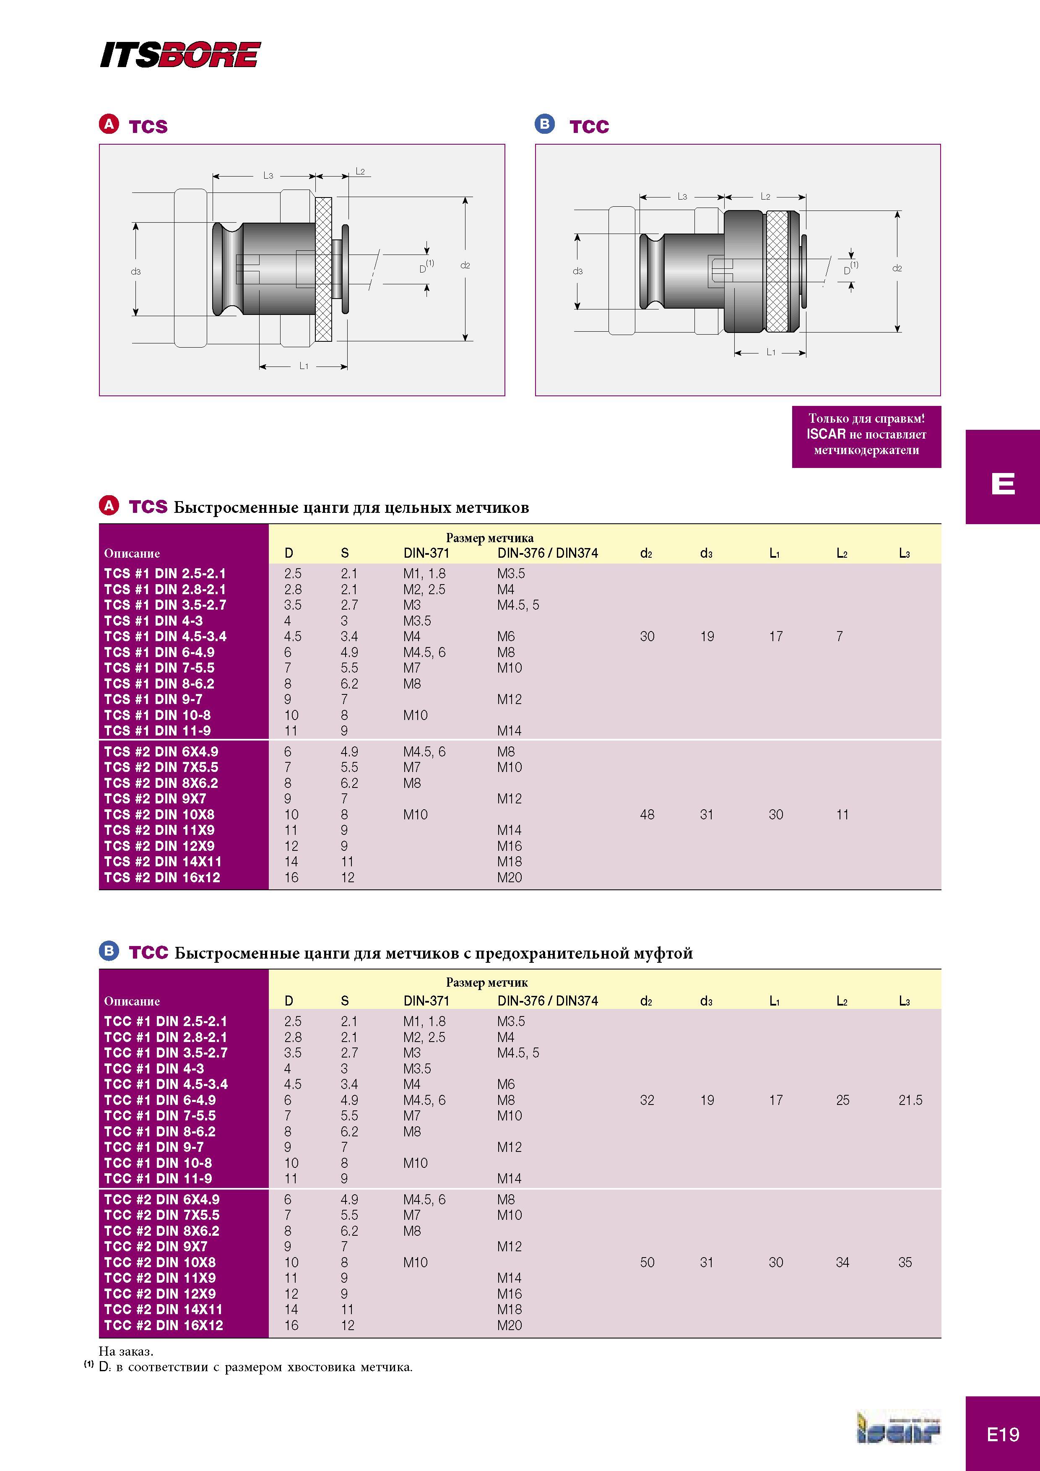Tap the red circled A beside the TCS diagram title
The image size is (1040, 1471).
point(109,124)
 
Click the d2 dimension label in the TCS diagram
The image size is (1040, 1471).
point(465,265)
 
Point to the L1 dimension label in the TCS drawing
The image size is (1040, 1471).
point(304,366)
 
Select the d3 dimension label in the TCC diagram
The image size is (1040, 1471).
point(577,271)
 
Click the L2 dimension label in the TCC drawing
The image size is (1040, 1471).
point(765,197)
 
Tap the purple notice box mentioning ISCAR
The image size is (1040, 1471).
point(866,436)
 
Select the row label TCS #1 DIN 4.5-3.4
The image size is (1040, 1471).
point(165,636)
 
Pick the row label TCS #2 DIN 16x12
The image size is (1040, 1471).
point(162,878)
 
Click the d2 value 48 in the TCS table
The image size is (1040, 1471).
point(647,814)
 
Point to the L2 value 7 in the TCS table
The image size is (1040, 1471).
point(840,636)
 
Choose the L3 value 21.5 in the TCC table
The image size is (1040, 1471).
point(910,1100)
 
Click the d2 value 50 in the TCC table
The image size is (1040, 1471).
point(647,1262)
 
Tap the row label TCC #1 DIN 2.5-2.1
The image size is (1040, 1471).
point(165,1021)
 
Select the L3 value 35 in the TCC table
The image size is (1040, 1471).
point(905,1262)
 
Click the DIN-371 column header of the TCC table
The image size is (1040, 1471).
point(426,1001)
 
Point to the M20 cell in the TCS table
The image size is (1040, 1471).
point(510,878)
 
